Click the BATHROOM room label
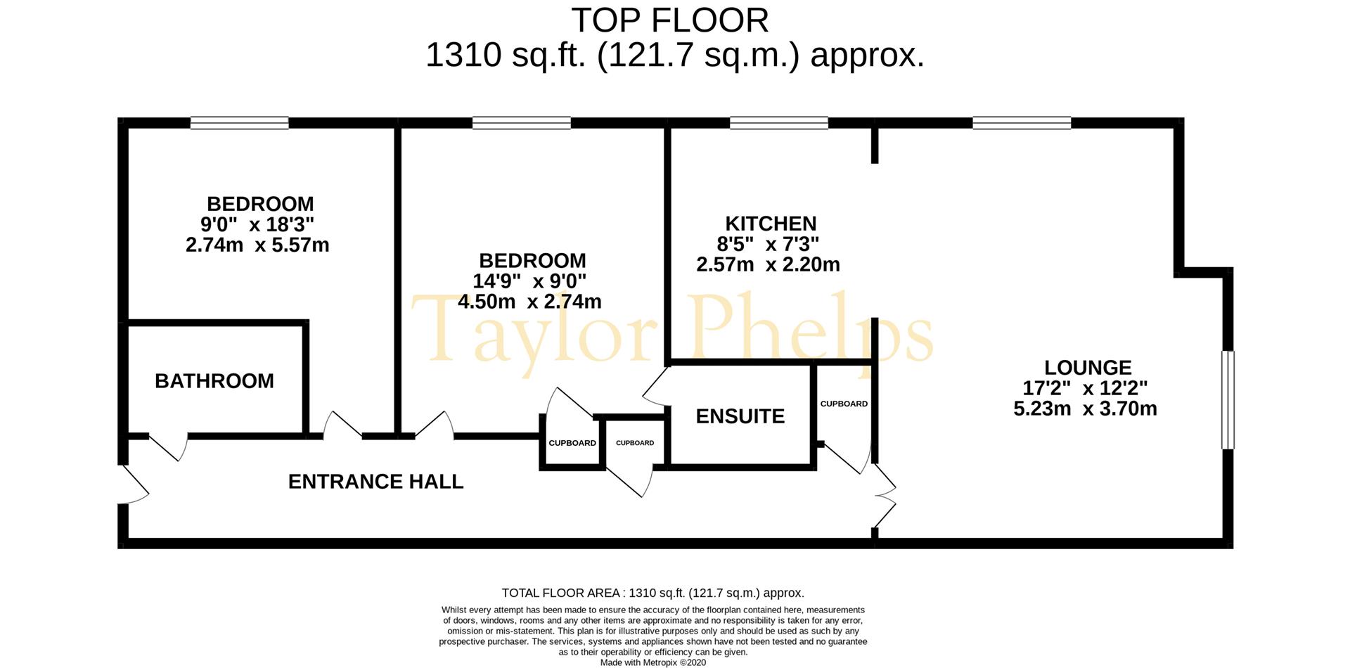coord(214,381)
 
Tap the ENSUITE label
coord(740,416)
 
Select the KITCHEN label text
coord(771,224)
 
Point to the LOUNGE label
coord(1088,368)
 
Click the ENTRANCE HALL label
coord(376,482)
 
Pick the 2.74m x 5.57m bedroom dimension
coord(257,245)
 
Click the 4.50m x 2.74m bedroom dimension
coord(529,302)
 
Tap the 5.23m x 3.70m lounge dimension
coord(1085,409)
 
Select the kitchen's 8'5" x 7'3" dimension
coord(768,244)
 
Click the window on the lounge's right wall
coord(1228,400)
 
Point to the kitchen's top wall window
coord(779,123)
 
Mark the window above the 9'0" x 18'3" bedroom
coord(239,123)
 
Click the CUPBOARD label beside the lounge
coord(844,404)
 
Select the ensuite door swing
coord(655,387)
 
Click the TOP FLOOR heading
coord(670,20)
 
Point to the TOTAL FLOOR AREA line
coord(652,593)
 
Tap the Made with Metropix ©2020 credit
coord(653,662)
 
